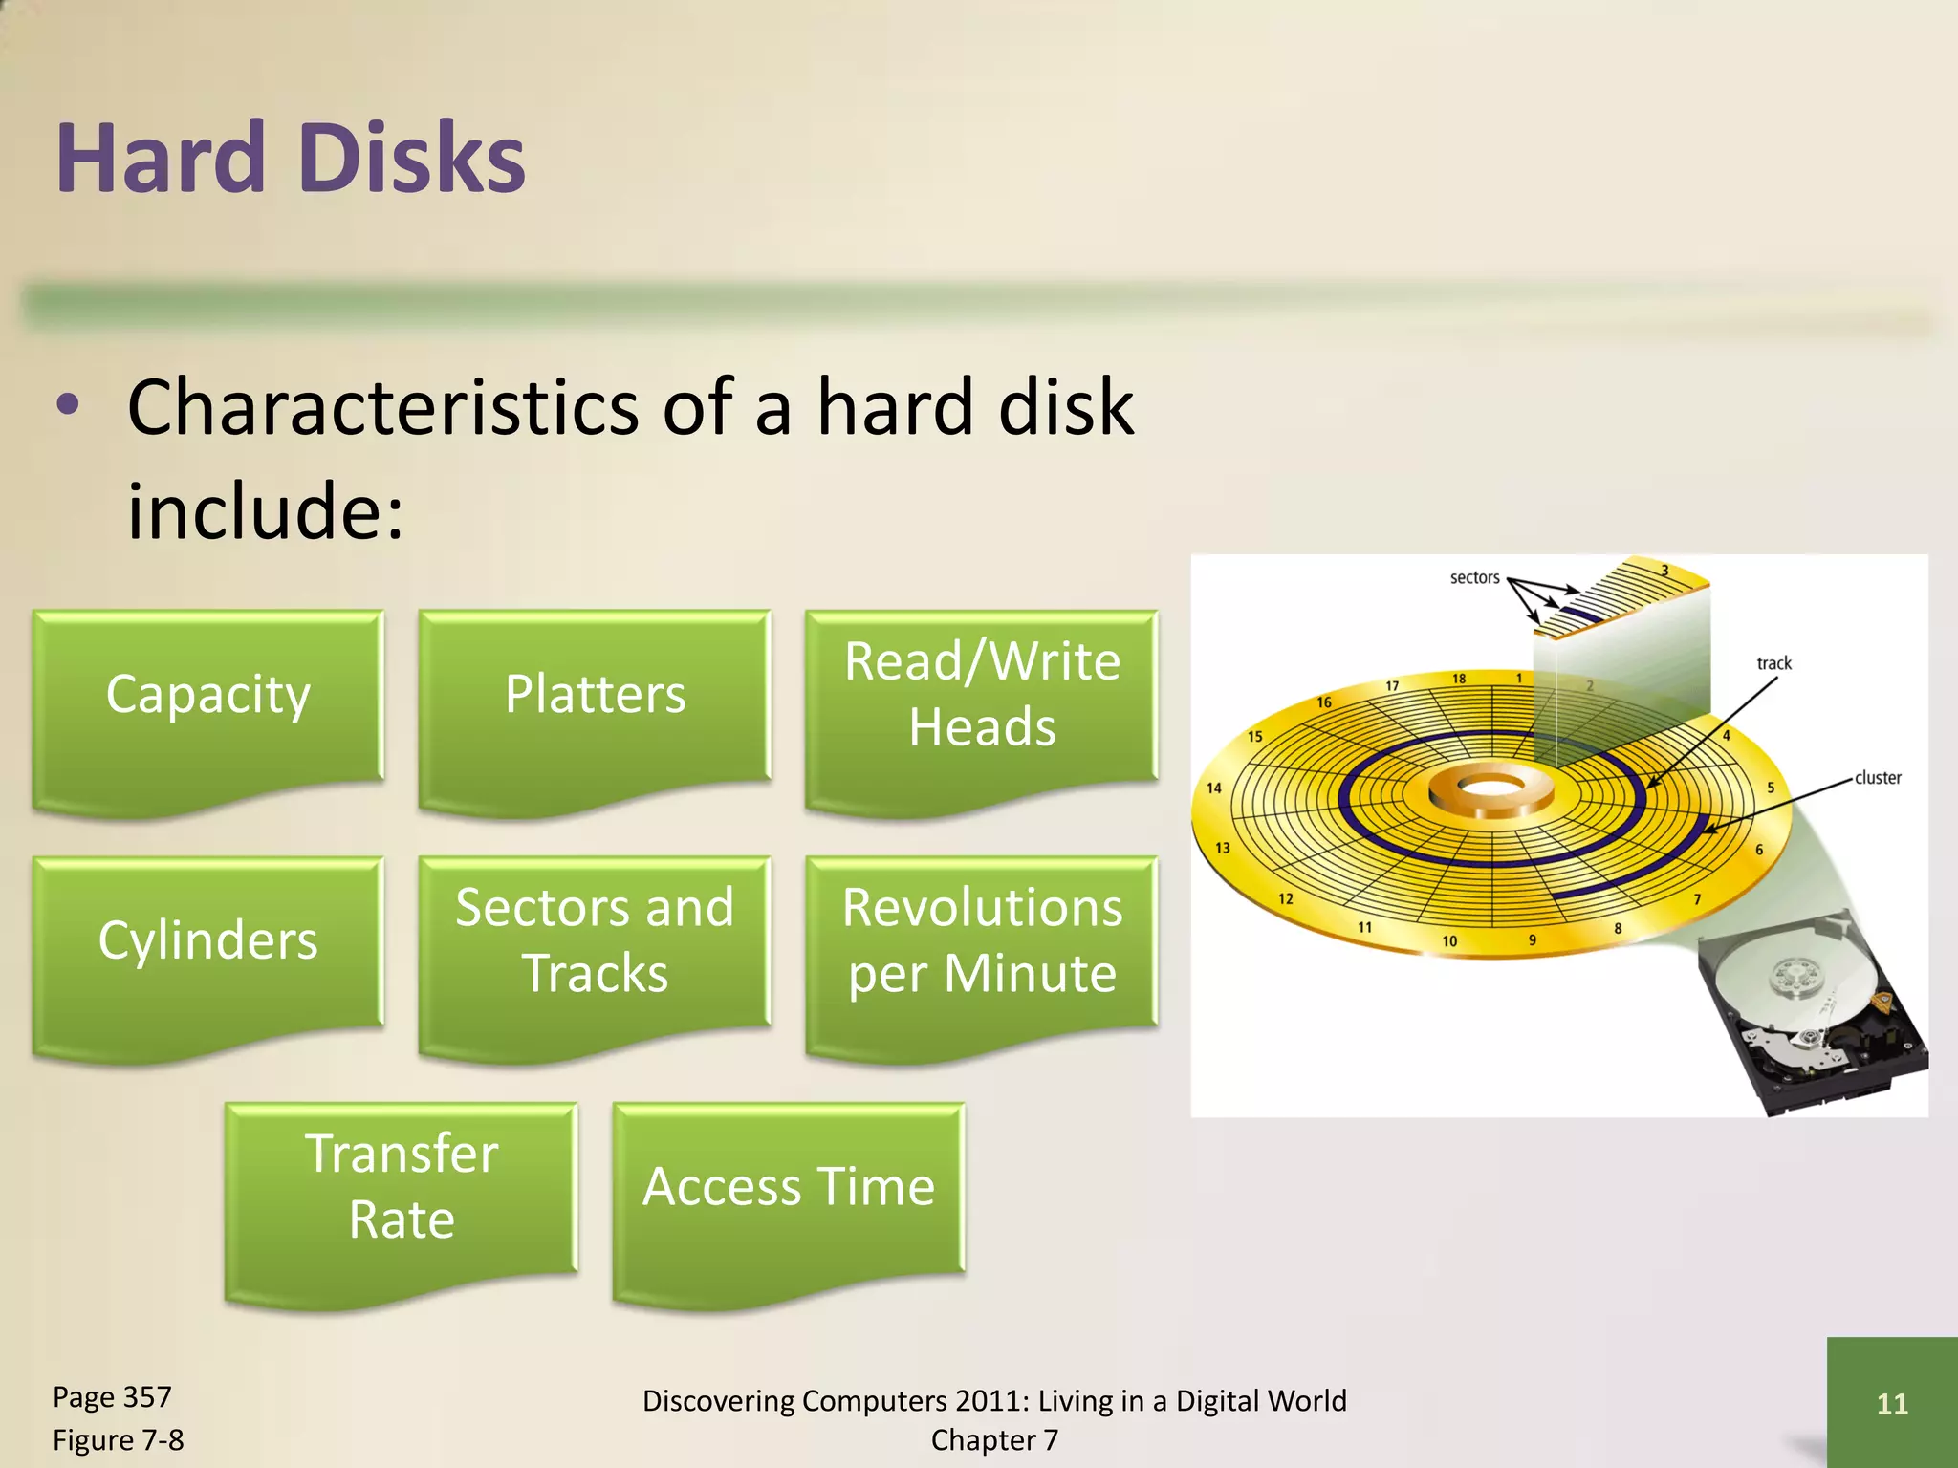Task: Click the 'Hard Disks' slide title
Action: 290,158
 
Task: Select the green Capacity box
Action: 208,695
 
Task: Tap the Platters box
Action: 595,695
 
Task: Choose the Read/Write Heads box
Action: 982,695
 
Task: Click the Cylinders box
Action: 208,941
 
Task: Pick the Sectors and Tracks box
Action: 595,941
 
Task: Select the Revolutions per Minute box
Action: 982,941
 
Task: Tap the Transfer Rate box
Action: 402,1187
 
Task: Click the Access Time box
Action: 789,1187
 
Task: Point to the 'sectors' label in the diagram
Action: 1474,578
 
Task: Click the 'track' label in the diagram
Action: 1773,663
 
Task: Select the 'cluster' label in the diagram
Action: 1878,778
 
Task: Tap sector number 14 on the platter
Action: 1214,788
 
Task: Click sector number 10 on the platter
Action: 1449,941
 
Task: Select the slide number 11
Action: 1892,1404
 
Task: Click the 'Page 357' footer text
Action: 112,1397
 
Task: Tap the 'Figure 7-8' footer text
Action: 118,1440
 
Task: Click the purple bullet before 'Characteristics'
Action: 68,405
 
